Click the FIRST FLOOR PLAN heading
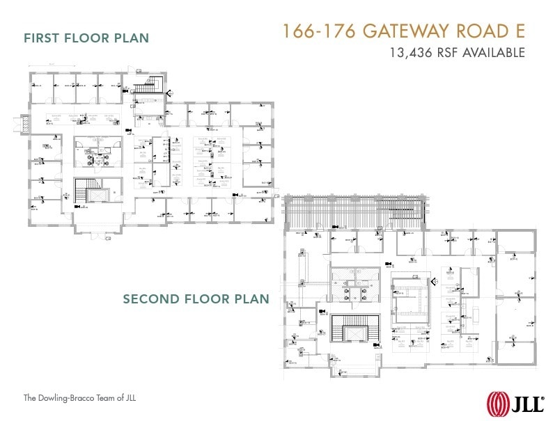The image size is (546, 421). [86, 38]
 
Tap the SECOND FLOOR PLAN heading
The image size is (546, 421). [196, 299]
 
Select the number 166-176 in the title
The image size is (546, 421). [318, 32]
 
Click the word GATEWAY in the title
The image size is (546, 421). [408, 32]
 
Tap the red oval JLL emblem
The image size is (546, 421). [497, 403]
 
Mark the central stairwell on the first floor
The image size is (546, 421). [88, 191]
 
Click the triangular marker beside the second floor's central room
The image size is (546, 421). [433, 281]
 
